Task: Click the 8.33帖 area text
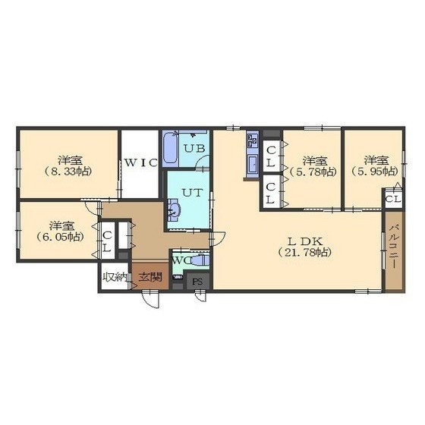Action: (68, 172)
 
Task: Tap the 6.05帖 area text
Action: (60, 237)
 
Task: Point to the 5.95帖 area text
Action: (375, 172)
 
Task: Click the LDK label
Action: (304, 241)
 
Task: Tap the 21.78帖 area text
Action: (304, 253)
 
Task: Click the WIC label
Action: (140, 162)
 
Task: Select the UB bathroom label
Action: (194, 148)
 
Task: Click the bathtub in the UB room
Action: (171, 148)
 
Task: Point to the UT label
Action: (192, 193)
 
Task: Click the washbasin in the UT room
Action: (174, 209)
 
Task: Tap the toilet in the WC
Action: (200, 260)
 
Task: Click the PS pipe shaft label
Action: (197, 282)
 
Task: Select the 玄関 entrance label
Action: (150, 277)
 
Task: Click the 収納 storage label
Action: (115, 277)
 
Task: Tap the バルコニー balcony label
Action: (394, 247)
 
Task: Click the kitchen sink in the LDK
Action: (253, 165)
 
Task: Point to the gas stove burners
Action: (252, 140)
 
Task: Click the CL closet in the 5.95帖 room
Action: (393, 199)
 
